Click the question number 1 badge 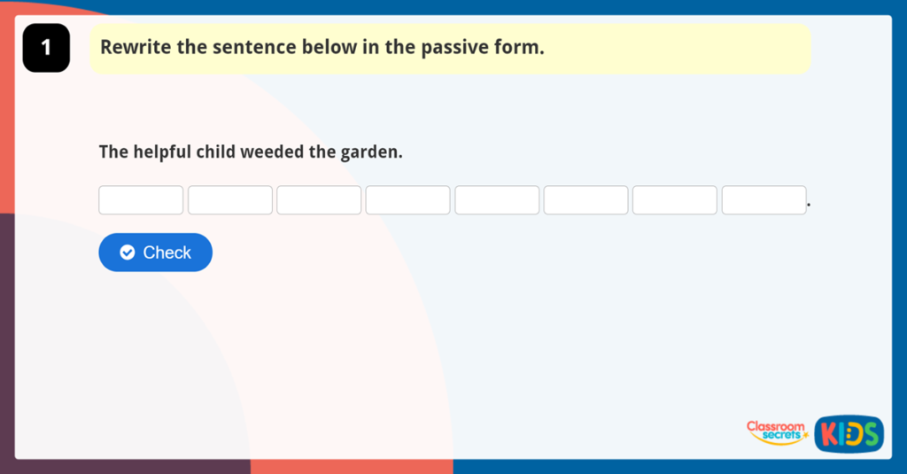[x=46, y=48]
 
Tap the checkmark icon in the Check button [x=128, y=253]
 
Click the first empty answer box [x=141, y=200]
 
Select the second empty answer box [x=230, y=200]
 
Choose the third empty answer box [x=319, y=200]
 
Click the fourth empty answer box [x=407, y=200]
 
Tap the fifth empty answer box [x=497, y=200]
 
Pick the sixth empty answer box [x=585, y=200]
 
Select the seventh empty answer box [x=674, y=200]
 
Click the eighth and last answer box [x=764, y=200]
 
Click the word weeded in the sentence [x=273, y=152]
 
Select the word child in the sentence [x=215, y=152]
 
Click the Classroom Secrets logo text [x=776, y=431]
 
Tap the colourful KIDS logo [x=849, y=433]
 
